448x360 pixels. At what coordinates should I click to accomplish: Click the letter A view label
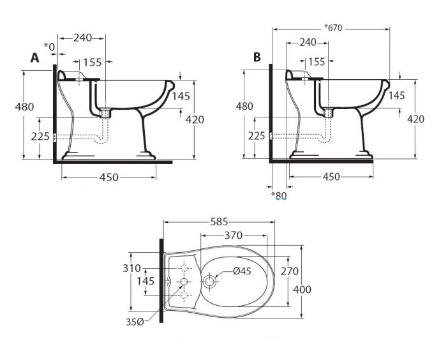(35, 57)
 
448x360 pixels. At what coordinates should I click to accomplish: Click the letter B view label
(257, 57)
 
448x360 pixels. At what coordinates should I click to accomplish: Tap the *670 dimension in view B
(333, 27)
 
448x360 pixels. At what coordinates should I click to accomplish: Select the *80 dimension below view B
(279, 195)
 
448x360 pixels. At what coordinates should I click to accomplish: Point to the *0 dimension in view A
(49, 47)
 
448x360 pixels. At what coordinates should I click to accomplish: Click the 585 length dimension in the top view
(219, 221)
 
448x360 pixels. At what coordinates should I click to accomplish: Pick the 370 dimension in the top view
(234, 236)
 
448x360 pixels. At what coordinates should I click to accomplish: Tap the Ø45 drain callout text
(242, 271)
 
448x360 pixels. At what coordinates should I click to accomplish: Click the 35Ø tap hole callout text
(135, 322)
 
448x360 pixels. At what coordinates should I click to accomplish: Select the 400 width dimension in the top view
(302, 290)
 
